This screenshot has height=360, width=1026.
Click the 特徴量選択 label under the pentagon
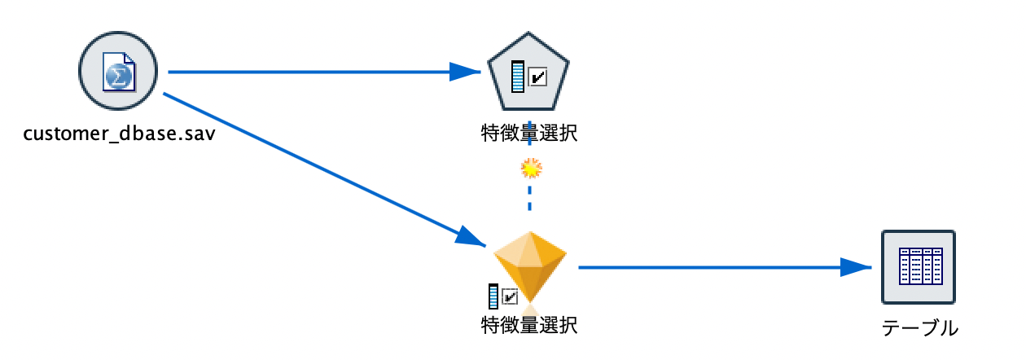529,132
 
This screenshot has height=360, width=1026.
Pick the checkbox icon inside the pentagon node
538,77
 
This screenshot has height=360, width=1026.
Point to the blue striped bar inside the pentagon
518,77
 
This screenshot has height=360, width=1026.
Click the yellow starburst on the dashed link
531,169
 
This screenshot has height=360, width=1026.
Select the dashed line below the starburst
530,198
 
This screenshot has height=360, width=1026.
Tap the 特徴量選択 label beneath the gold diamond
529,325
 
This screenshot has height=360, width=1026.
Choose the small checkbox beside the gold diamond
511,296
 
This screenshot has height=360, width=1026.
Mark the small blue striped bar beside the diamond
493,296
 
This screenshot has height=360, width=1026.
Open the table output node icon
919,267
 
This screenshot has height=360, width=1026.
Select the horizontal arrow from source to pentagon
309,72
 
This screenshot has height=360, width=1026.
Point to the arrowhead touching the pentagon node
466,72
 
